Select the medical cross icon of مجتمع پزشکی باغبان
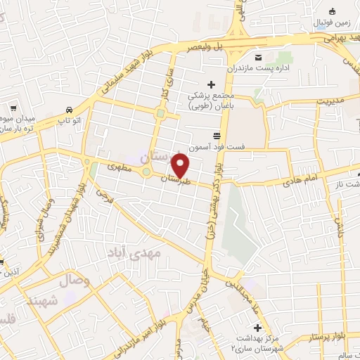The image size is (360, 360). (212, 85)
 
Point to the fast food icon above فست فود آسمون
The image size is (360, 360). (215, 136)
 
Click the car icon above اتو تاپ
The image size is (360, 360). (68, 110)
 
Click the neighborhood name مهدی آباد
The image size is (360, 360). (134, 251)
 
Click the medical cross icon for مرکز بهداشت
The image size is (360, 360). (258, 328)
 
